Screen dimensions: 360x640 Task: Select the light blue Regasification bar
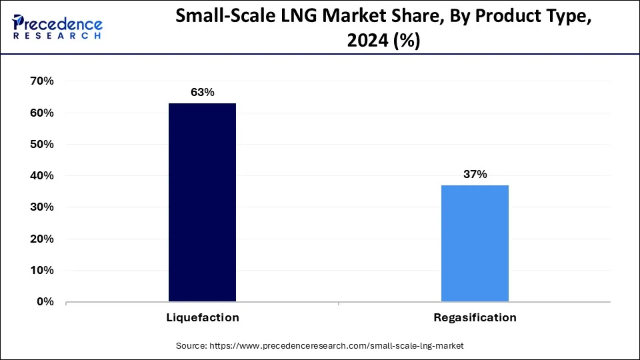[475, 243]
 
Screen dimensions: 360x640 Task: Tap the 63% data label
[202, 93]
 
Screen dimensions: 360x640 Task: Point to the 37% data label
[475, 175]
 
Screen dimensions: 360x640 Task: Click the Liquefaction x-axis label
[202, 318]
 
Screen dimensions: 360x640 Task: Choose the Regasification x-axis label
[475, 318]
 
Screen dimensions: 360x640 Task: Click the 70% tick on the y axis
[42, 81]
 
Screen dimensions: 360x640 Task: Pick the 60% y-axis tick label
[42, 113]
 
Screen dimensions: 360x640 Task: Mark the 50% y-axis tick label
[42, 145]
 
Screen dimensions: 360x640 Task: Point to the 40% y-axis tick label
[42, 176]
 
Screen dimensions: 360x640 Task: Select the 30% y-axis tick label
[42, 207]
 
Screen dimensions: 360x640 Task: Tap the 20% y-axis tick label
[42, 239]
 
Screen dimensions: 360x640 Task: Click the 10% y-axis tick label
[42, 271]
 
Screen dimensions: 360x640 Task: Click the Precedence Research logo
[57, 27]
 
